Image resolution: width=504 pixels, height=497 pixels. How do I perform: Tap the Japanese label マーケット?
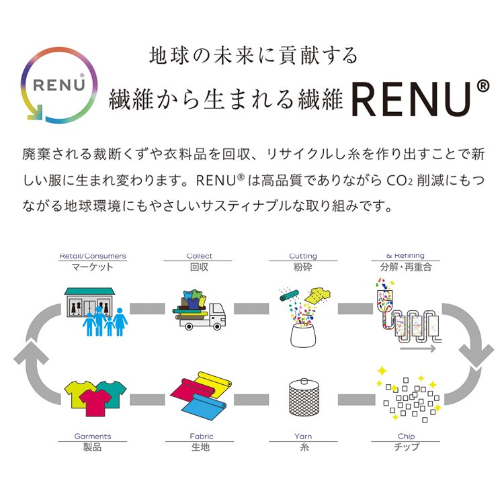(x=93, y=267)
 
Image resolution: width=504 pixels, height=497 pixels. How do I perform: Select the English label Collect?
(x=200, y=256)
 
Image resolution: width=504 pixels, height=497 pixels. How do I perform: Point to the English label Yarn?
(x=302, y=436)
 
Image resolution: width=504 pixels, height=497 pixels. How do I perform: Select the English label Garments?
(x=93, y=436)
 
